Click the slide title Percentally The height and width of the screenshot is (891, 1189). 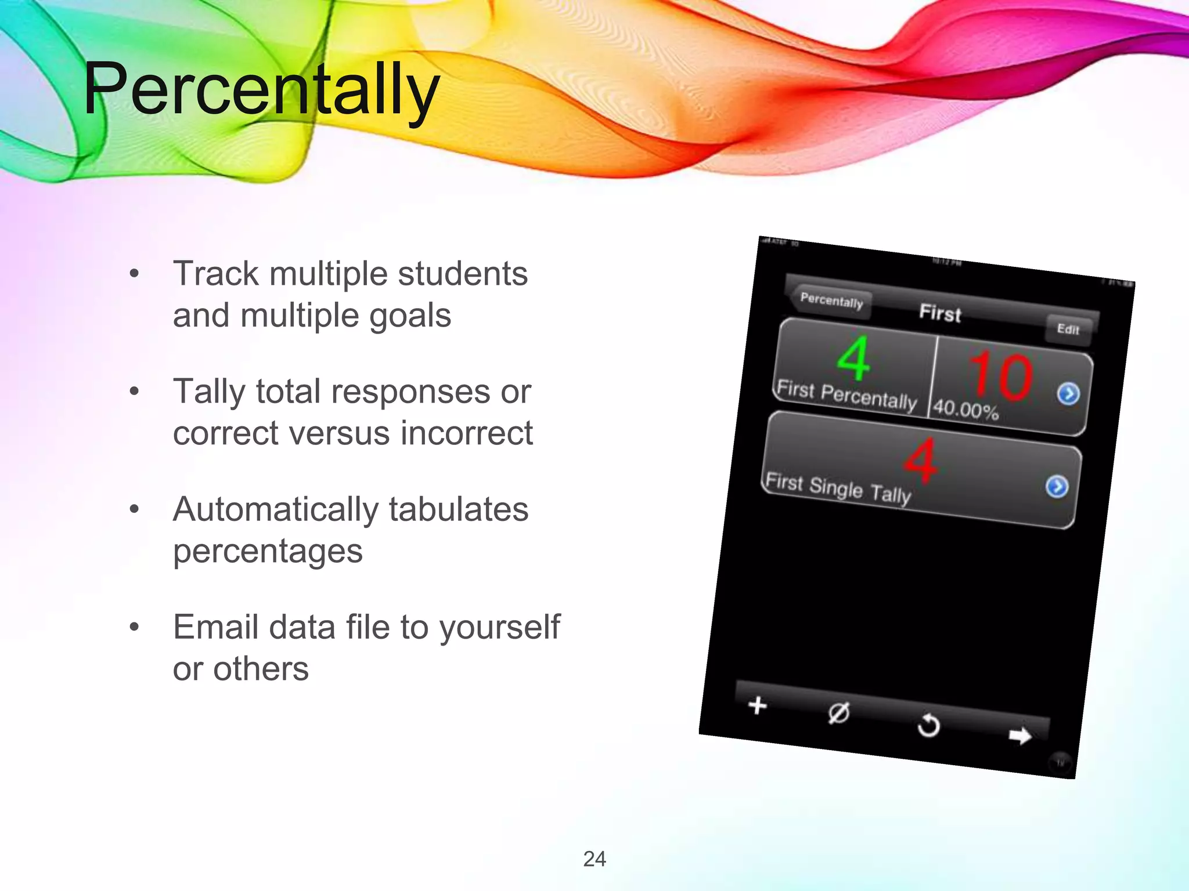(x=261, y=90)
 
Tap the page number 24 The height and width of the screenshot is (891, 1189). (x=594, y=859)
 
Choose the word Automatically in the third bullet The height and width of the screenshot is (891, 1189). (x=275, y=510)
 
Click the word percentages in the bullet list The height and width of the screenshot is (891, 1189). (x=268, y=552)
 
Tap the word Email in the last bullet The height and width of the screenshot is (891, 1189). (x=214, y=627)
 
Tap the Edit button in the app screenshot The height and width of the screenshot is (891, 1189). (x=1068, y=329)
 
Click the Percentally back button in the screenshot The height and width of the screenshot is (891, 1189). (x=831, y=300)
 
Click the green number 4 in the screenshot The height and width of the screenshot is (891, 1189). (x=853, y=358)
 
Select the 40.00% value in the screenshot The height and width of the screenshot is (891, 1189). (x=965, y=410)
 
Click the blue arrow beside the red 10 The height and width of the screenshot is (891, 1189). (x=1068, y=394)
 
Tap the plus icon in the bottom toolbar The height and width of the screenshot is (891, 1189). (x=757, y=705)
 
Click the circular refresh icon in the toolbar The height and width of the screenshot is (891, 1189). (x=928, y=725)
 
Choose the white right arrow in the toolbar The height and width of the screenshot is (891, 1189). (x=1019, y=736)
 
